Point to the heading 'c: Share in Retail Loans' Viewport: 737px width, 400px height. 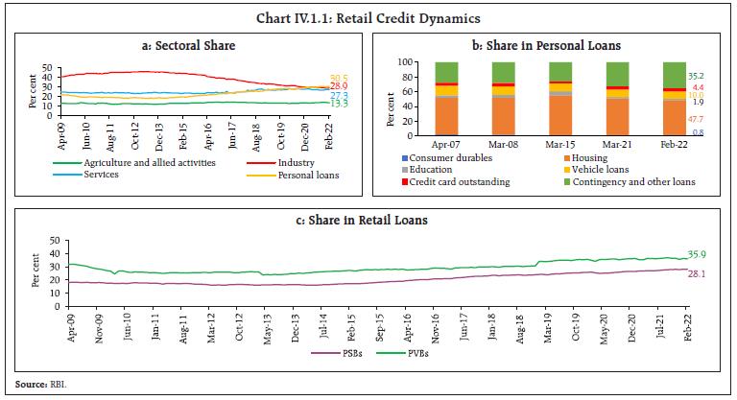[368, 221]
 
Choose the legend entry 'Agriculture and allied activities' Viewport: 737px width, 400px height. [138, 162]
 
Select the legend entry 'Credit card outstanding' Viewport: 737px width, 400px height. [457, 180]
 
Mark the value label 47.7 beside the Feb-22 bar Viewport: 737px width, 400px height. [698, 117]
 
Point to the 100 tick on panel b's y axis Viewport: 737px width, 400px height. [407, 62]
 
